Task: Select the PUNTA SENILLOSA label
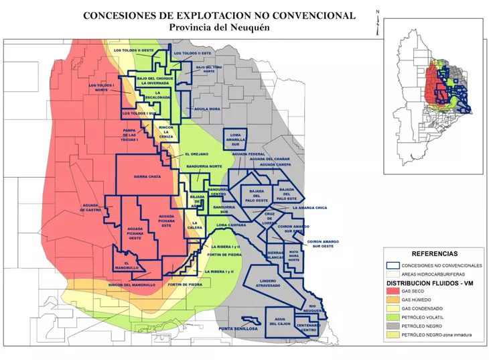click(238, 328)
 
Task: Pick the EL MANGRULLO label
click(126, 265)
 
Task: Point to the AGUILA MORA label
click(207, 109)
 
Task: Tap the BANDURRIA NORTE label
click(204, 166)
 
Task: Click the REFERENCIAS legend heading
click(434, 255)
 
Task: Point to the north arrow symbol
click(378, 20)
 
